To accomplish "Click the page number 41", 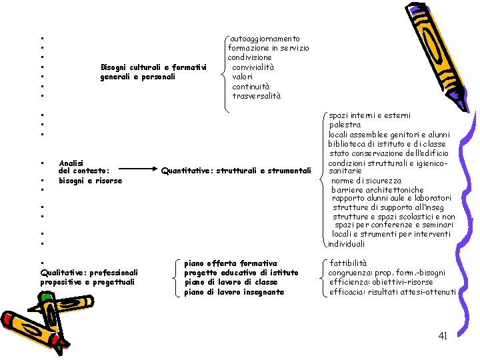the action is click(443, 336).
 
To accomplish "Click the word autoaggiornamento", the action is click(265, 39).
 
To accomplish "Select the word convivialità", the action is click(253, 67).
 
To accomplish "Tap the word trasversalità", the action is click(257, 96).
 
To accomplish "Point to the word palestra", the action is click(345, 125).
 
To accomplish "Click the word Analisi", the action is click(71, 163).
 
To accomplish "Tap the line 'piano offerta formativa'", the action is click(230, 263).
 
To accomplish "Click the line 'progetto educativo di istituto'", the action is click(241, 273).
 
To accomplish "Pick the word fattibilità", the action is click(348, 263).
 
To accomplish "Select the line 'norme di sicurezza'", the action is click(367, 180).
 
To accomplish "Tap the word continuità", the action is click(251, 87).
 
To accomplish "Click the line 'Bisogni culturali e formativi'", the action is click(153, 67).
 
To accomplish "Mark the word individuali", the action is click(347, 244).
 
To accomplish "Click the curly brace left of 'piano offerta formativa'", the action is click(175, 277).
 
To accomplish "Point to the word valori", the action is click(243, 77).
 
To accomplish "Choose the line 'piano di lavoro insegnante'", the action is click(234, 292).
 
